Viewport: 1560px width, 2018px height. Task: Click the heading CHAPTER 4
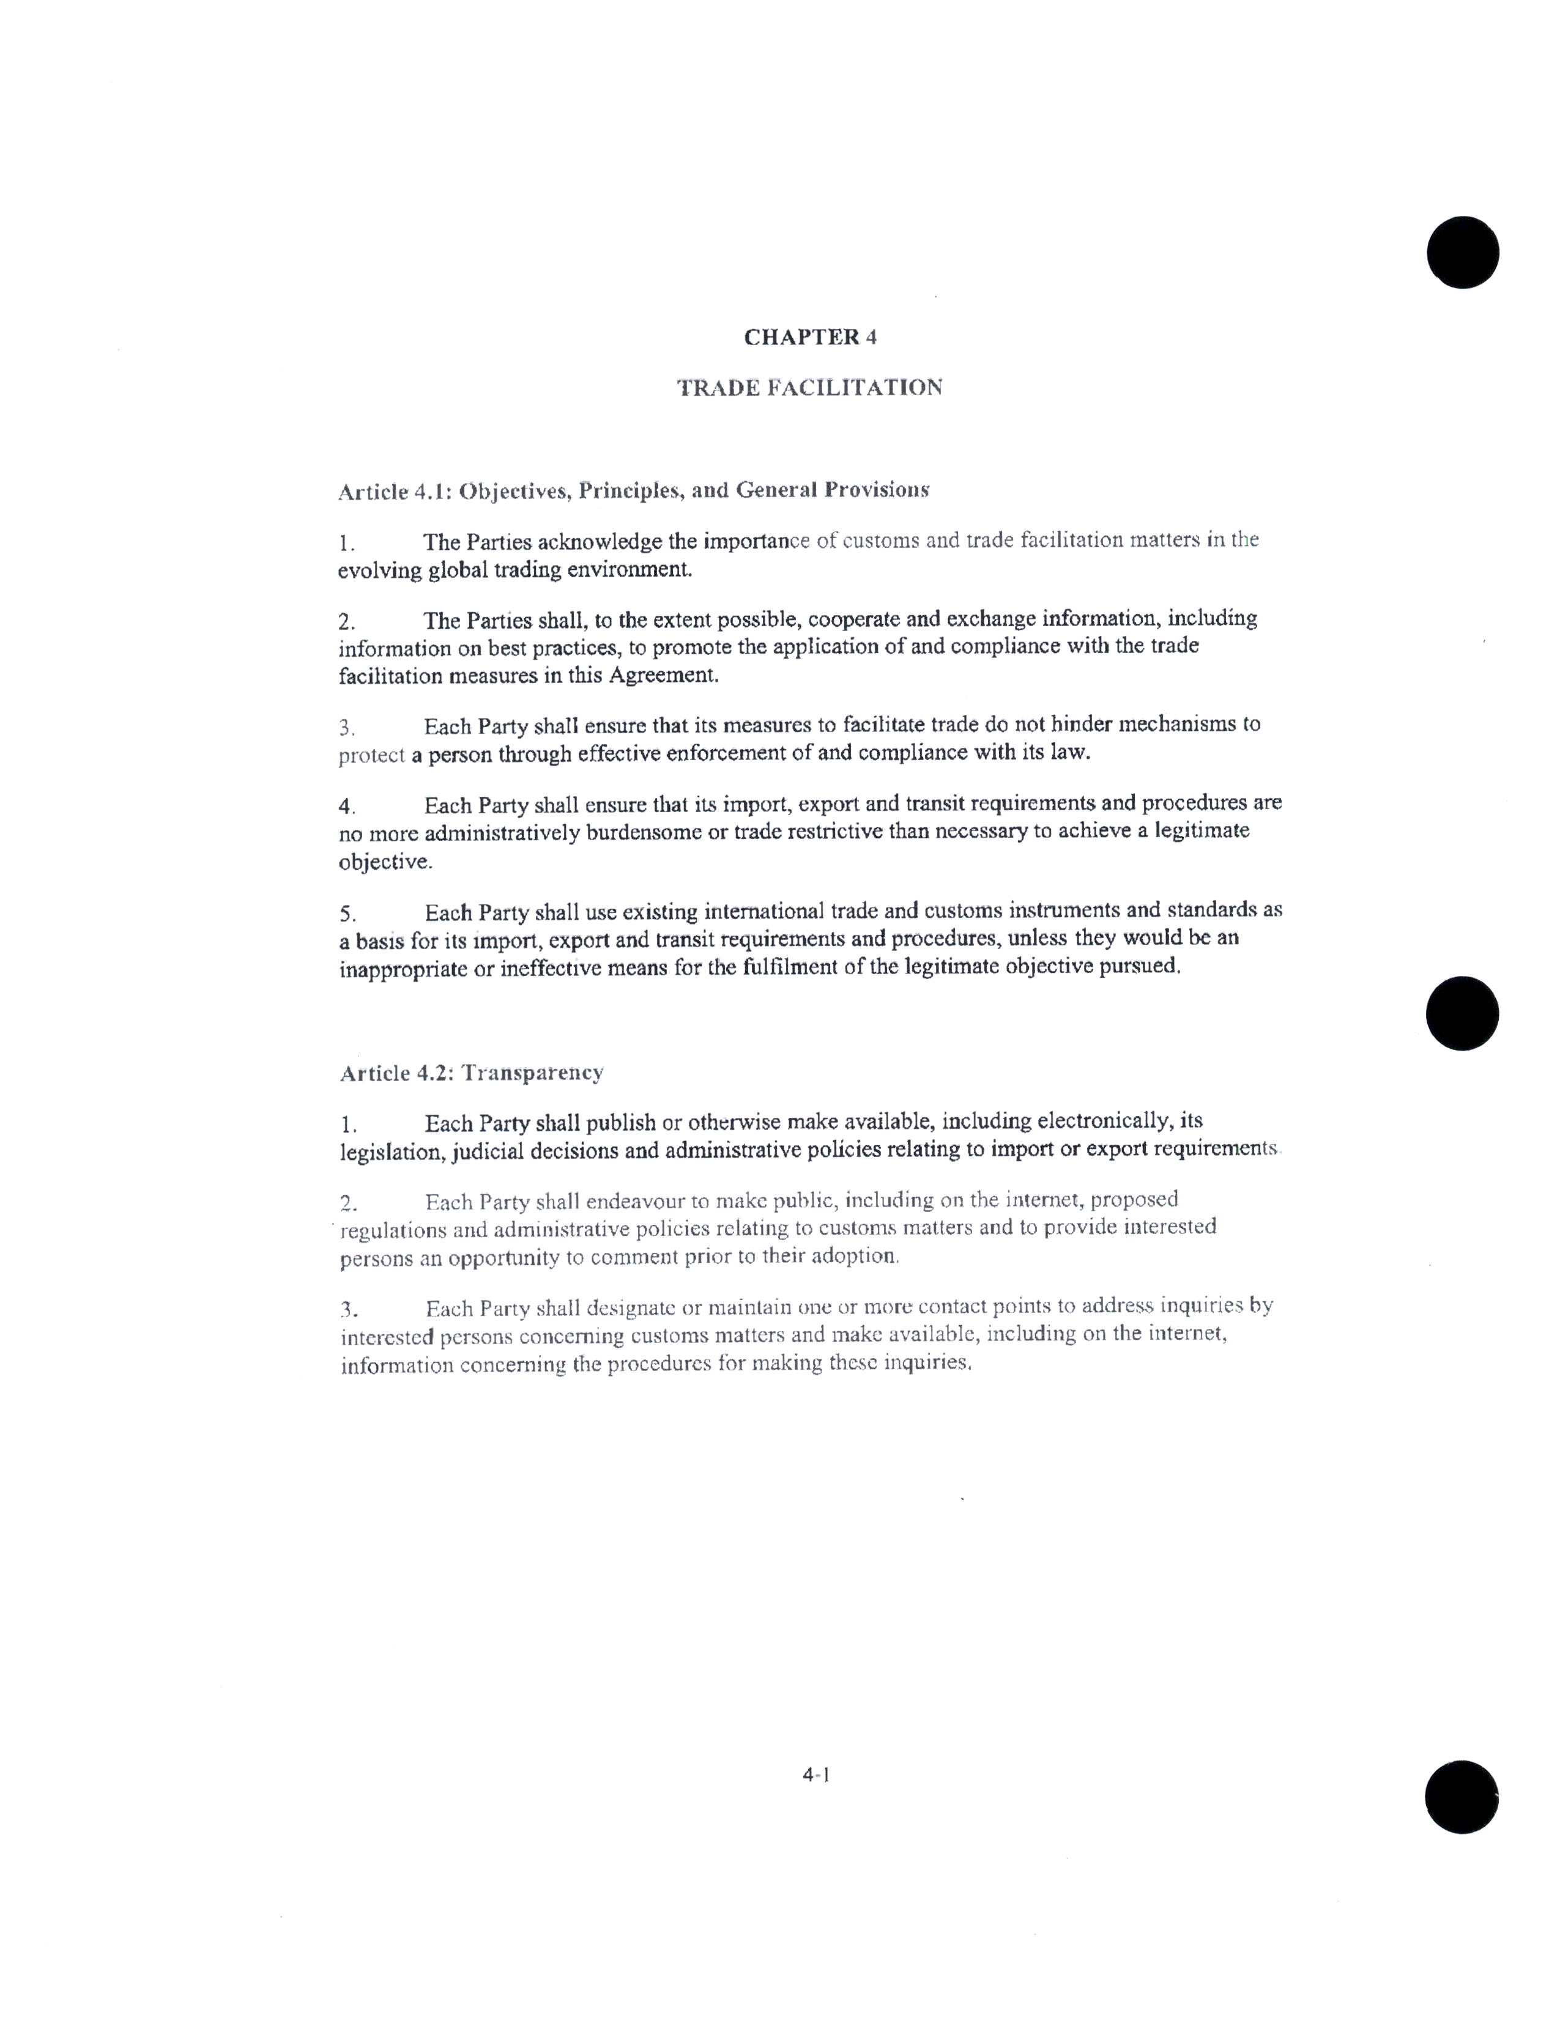[x=809, y=338]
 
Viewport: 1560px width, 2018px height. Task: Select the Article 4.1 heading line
[x=633, y=490]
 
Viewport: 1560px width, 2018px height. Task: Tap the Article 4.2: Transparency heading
[x=471, y=1073]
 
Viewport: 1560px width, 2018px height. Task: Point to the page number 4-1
[x=816, y=1774]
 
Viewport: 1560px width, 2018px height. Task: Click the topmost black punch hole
[x=1462, y=252]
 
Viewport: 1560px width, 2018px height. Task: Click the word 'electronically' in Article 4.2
[x=1105, y=1121]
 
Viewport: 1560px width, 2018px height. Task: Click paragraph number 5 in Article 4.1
[x=347, y=915]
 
